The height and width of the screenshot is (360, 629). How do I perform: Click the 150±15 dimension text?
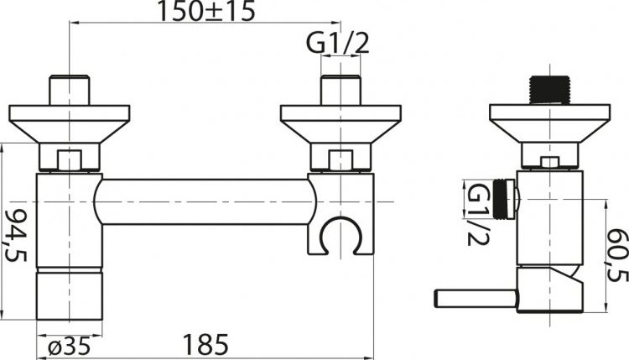tap(205, 11)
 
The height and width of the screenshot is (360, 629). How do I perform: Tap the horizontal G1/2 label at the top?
tap(337, 43)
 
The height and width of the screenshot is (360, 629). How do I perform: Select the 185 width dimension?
tap(205, 344)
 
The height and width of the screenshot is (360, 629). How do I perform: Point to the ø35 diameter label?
tap(69, 345)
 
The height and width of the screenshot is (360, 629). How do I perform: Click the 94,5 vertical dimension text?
tap(14, 236)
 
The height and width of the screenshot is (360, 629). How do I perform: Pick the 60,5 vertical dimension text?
tap(616, 255)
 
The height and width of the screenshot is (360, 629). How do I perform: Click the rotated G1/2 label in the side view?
tap(478, 214)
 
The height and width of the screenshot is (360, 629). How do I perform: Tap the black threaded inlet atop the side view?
tap(549, 90)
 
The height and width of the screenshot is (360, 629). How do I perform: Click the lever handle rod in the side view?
tap(476, 299)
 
